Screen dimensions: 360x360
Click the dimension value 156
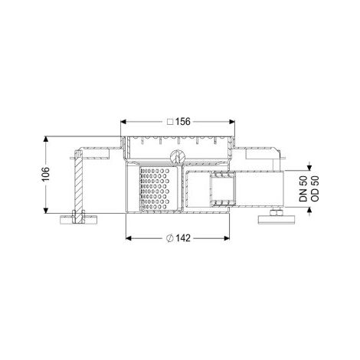[182, 121]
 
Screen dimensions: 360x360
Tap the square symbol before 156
[170, 122]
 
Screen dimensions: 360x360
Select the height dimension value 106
[45, 175]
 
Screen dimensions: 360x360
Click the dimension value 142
[182, 238]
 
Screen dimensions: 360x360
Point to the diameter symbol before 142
[170, 238]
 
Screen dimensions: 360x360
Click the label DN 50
[303, 189]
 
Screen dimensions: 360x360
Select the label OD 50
[315, 189]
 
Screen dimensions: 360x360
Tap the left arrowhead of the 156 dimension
[123, 122]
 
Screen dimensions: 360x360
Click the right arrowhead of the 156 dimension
[232, 122]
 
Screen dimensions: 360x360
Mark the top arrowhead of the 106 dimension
[45, 139]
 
